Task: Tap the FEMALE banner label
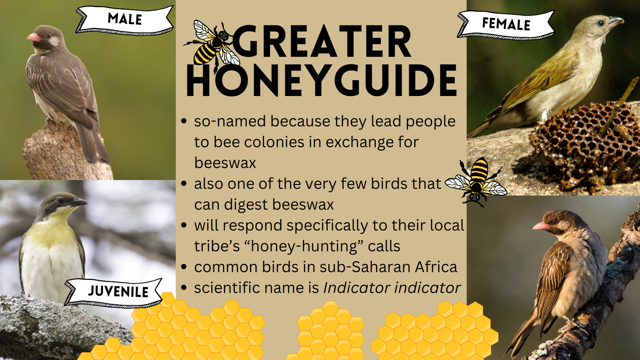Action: [x=506, y=24]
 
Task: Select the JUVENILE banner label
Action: [x=114, y=292]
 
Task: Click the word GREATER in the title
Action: [x=322, y=42]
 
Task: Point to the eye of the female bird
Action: [x=601, y=23]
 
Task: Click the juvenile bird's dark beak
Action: [x=79, y=202]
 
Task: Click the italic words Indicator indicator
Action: [x=392, y=288]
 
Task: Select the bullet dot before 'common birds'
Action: [x=184, y=267]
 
